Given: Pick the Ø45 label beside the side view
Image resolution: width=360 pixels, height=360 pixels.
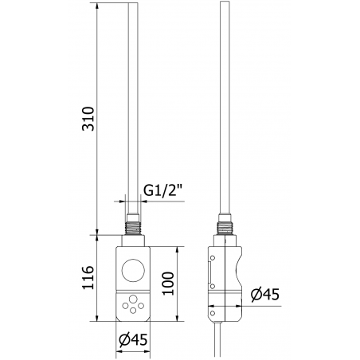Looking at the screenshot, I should [x=264, y=294].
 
